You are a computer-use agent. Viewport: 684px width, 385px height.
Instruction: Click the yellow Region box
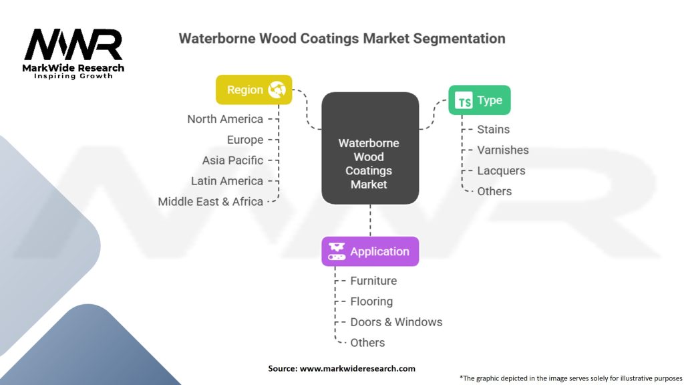tap(254, 90)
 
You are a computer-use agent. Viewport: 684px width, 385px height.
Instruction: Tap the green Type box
tap(479, 100)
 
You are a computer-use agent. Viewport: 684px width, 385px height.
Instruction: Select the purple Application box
tap(370, 251)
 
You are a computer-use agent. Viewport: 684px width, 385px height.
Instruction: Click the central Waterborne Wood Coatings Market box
tap(369, 163)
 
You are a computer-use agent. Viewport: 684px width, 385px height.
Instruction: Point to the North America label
tap(225, 119)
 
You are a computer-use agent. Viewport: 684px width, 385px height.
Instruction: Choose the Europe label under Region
tap(244, 140)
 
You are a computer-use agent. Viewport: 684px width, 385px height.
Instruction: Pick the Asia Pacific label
tap(232, 160)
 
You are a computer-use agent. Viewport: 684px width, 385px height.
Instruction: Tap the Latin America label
tap(227, 181)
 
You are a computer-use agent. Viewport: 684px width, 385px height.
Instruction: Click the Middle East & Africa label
tap(210, 201)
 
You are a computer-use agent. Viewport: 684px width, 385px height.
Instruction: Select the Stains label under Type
tap(493, 130)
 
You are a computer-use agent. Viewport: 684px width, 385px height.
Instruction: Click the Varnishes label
tap(502, 150)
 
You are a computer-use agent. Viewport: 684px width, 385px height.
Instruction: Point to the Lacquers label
tap(501, 170)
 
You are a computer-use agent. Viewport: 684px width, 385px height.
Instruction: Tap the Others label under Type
tap(494, 191)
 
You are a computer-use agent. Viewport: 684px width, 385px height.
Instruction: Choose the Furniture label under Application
tap(373, 281)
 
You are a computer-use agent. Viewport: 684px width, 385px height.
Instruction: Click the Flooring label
tap(371, 301)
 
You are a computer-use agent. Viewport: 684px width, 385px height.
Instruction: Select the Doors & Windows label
tap(396, 322)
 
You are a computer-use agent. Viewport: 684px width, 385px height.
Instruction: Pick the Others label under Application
tap(367, 343)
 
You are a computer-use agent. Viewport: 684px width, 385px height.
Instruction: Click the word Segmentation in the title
tap(459, 38)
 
